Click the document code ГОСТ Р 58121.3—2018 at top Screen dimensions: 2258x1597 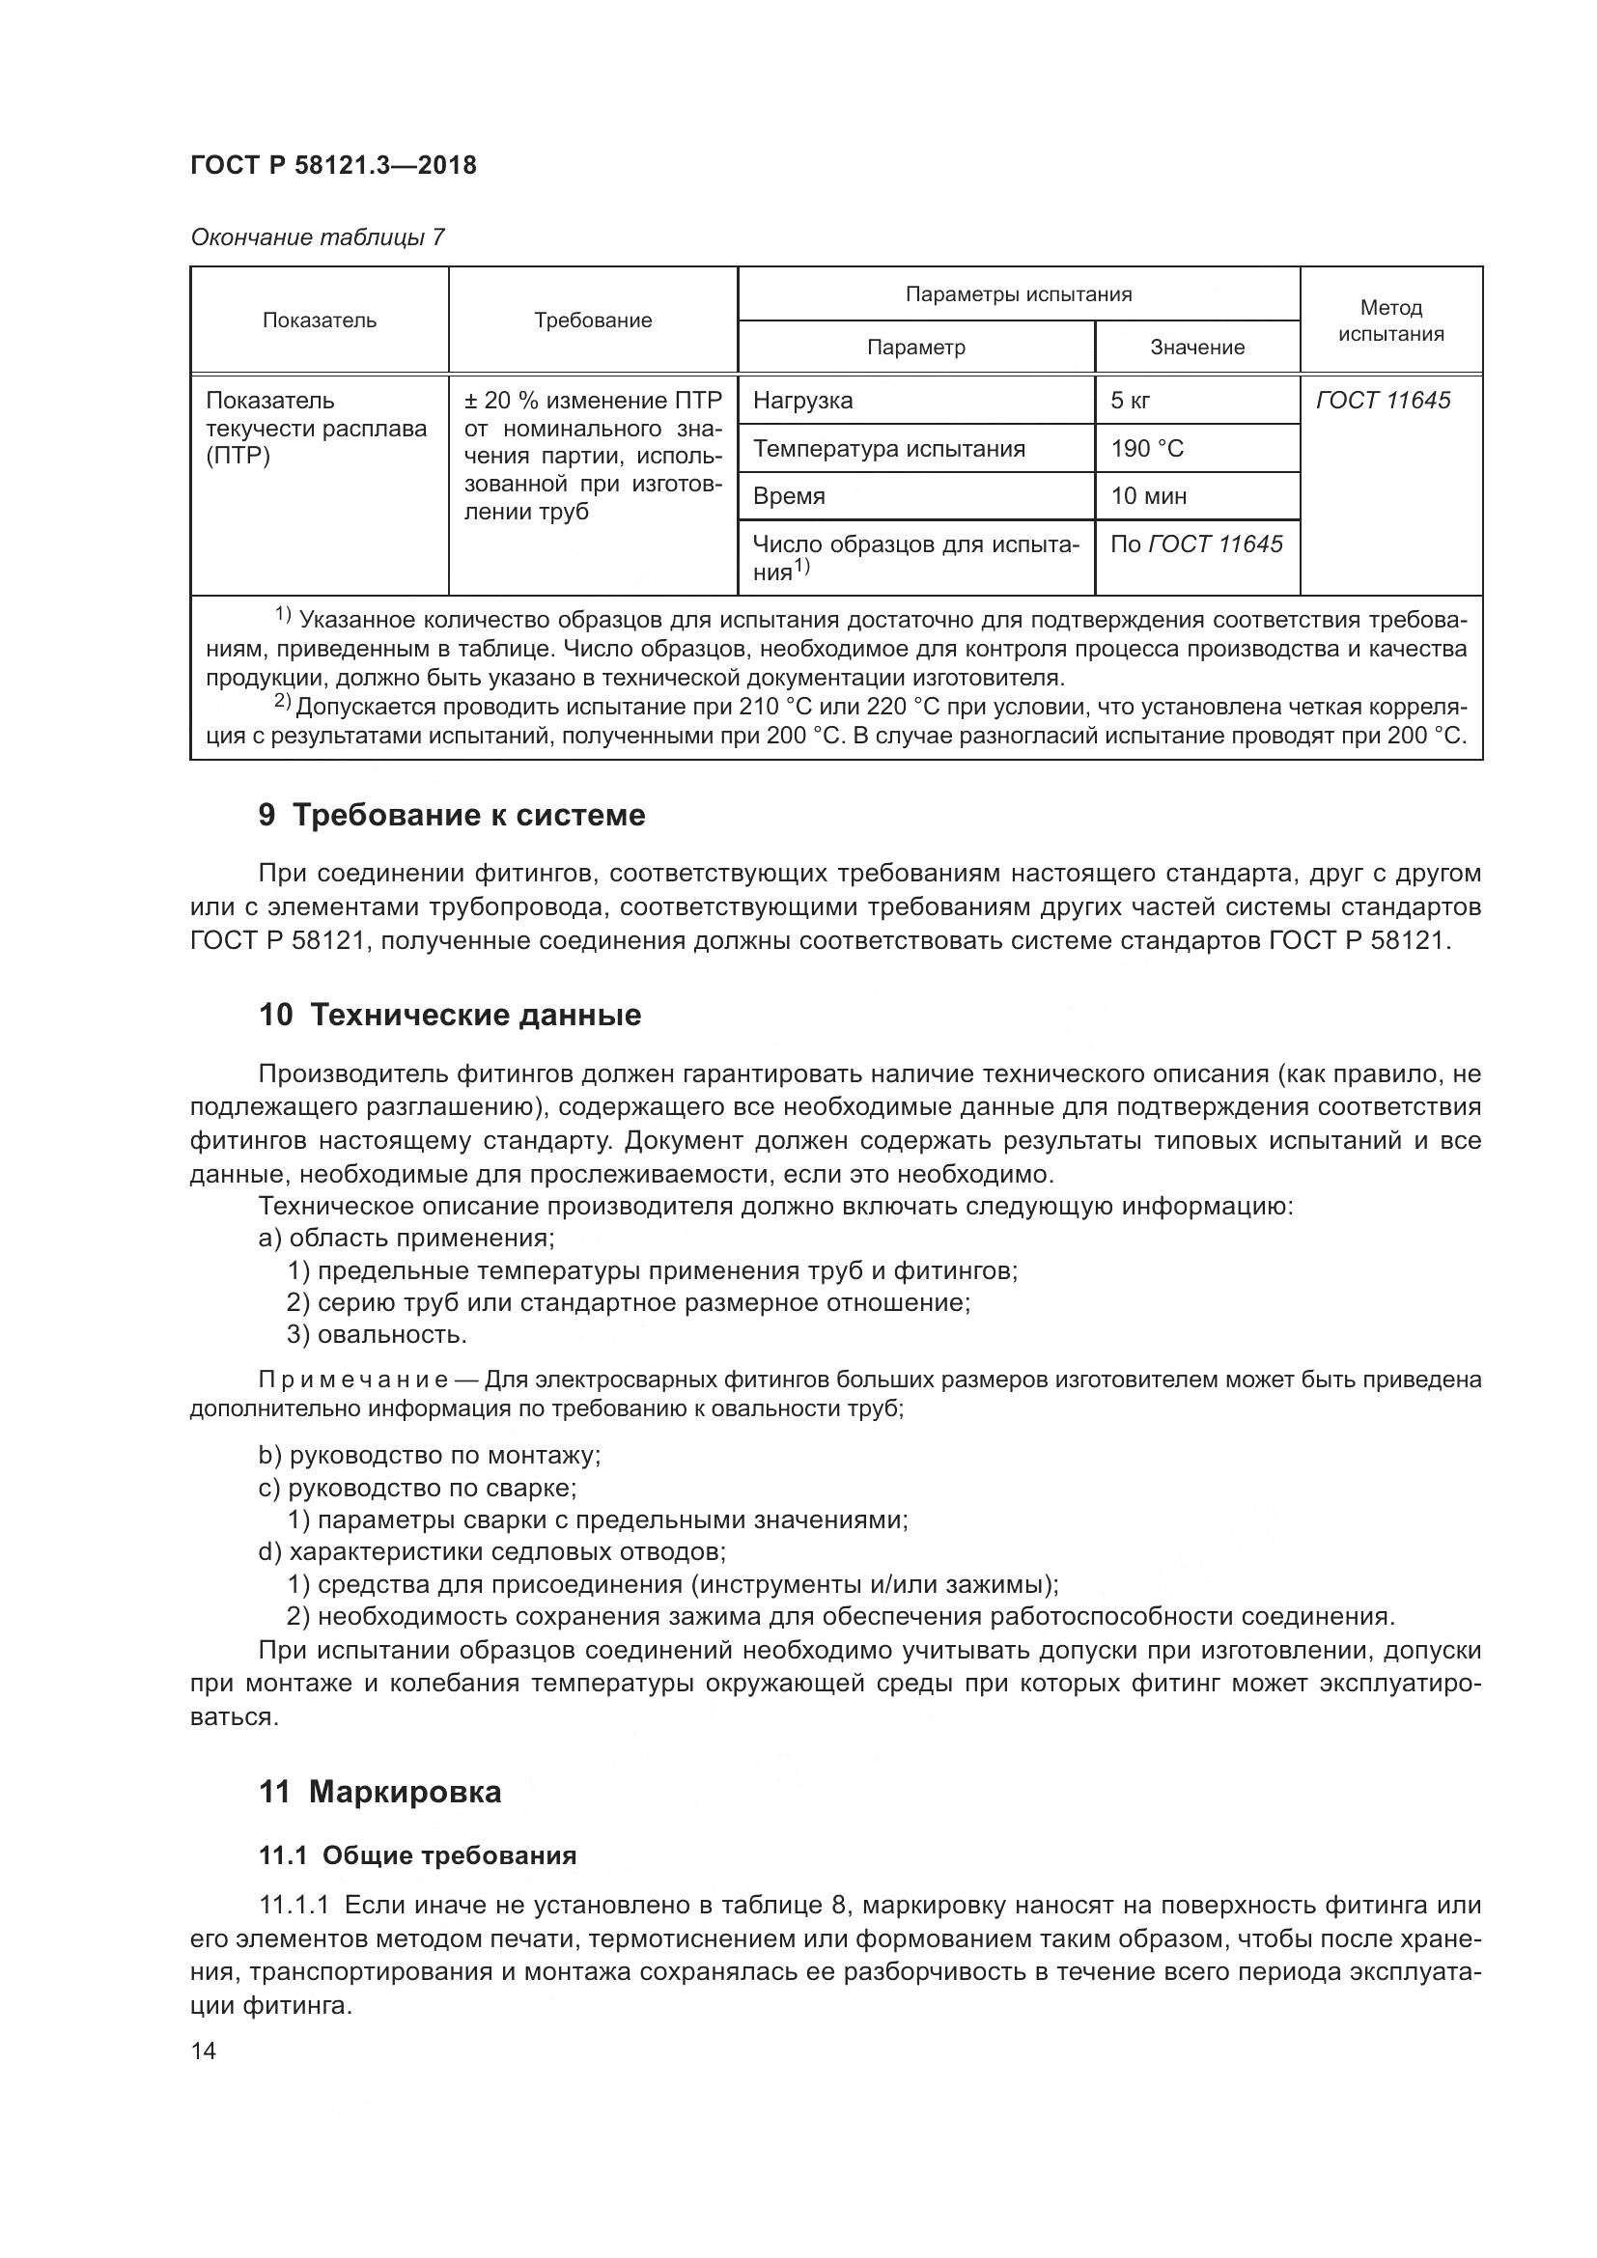click(332, 165)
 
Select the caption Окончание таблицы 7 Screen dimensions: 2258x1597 click(318, 237)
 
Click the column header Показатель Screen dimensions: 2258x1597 click(320, 321)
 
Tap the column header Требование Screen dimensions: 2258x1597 click(593, 321)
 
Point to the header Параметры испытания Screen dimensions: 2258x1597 click(1018, 294)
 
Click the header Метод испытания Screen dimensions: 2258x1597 click(1390, 321)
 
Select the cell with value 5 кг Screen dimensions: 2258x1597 click(1131, 401)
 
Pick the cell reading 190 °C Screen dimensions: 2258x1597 click(1147, 449)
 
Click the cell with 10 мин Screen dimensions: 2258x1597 click(1149, 495)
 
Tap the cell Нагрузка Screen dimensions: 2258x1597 click(802, 401)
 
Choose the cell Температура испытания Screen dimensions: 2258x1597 click(889, 449)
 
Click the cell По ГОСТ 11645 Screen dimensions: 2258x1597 click(1195, 544)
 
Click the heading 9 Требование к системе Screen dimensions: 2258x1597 click(451, 816)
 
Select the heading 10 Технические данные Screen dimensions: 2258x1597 click(449, 1015)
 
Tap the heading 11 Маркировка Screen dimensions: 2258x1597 click(379, 1792)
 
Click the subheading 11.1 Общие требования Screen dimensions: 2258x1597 click(417, 1855)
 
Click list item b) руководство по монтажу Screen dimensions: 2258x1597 click(429, 1456)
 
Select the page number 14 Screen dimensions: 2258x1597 click(204, 2051)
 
